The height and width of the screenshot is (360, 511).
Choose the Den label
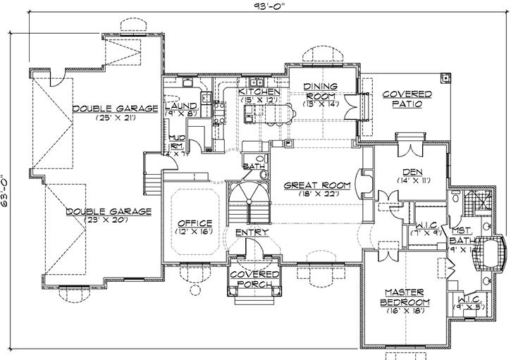[411, 171]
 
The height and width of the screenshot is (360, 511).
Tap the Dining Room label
[321, 91]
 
